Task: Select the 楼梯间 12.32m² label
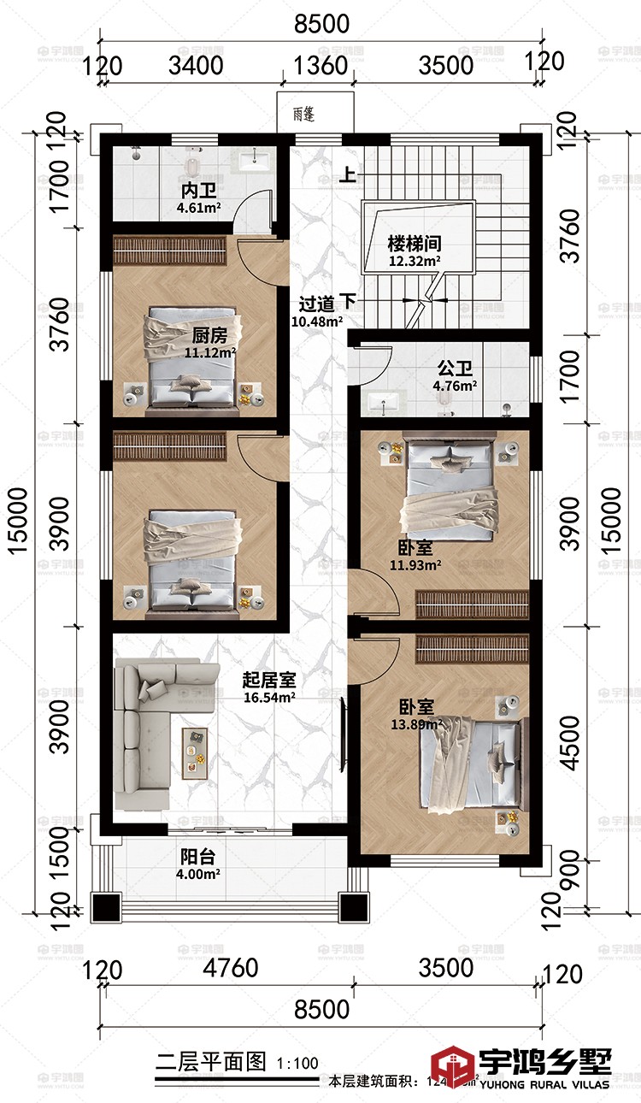pos(414,251)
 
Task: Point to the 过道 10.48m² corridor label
pos(318,311)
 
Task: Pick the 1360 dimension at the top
pos(320,65)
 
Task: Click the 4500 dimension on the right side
pos(568,741)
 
